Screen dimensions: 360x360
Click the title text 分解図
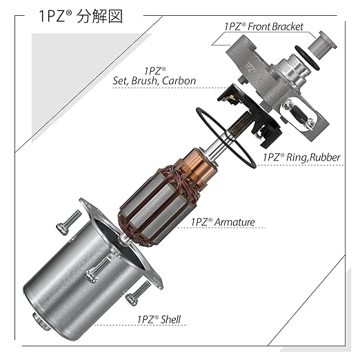point(99,17)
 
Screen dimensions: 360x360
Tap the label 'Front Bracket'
point(275,27)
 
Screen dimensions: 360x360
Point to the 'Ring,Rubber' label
point(313,157)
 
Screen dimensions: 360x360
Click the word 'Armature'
point(234,222)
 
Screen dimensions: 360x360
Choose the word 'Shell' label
point(171,319)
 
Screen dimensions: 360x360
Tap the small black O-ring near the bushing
point(307,57)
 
